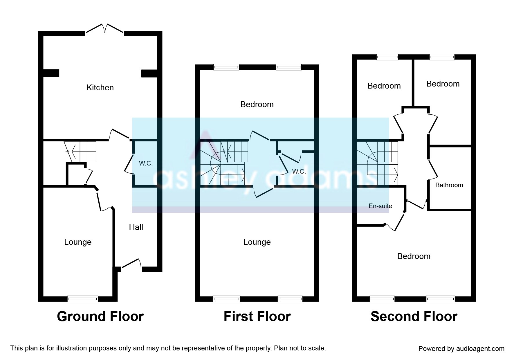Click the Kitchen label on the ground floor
[100, 87]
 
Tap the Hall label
[136, 227]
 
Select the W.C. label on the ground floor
[146, 163]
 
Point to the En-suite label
[380, 206]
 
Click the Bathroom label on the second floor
[449, 185]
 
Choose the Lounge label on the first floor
[257, 242]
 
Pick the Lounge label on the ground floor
[78, 242]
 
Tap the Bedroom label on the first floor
[257, 104]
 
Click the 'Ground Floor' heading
[100, 316]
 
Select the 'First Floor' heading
[257, 316]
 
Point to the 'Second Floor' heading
[414, 316]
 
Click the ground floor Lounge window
[83, 299]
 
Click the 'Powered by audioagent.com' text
[461, 349]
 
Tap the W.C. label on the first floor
[299, 172]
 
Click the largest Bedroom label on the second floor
[414, 256]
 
